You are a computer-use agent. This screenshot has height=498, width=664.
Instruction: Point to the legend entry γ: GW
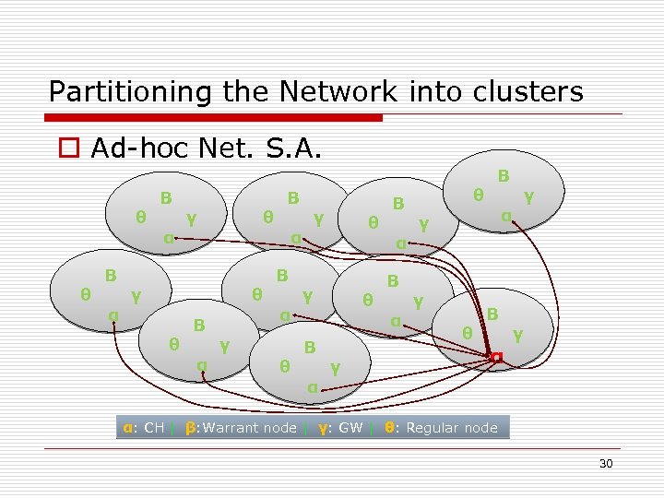click(340, 428)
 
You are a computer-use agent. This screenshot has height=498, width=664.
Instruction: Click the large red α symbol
click(497, 356)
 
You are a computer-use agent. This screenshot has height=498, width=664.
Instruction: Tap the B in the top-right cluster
click(504, 175)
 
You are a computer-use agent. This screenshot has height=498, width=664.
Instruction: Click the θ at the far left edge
click(85, 294)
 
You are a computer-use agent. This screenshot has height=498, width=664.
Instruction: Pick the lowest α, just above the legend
click(313, 388)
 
